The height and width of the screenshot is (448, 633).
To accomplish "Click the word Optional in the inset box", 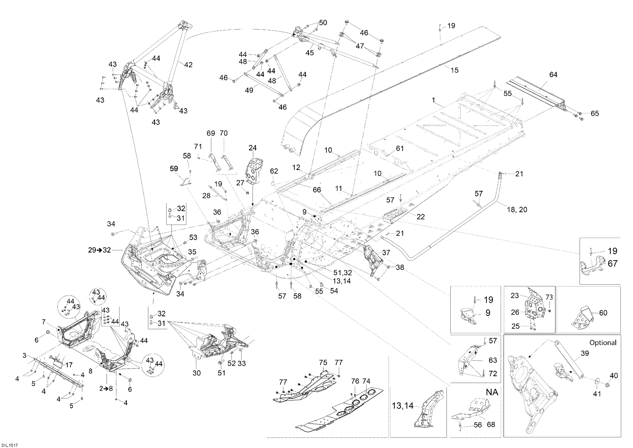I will [x=603, y=343].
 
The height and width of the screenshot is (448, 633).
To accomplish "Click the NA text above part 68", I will [x=492, y=392].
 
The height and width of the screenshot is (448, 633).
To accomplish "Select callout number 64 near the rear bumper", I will [x=553, y=75].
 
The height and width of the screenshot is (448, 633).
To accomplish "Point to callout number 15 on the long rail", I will [x=454, y=70].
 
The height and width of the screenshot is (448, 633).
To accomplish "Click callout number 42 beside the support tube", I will [x=188, y=65].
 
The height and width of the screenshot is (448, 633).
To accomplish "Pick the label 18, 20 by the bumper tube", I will [x=517, y=210].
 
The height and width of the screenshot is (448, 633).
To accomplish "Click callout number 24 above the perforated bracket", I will [x=253, y=148].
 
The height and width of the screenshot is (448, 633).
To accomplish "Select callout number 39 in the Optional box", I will [x=585, y=353].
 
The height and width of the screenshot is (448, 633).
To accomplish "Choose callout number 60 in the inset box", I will [x=603, y=313].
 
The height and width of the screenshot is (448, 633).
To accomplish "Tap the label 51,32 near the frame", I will [x=343, y=272].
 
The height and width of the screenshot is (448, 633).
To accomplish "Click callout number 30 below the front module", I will [x=197, y=373].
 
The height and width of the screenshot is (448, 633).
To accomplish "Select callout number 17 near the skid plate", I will [x=69, y=365].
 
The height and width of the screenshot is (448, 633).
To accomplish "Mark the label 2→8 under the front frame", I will [x=106, y=388].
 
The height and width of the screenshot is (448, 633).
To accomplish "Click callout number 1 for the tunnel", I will [x=433, y=100].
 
